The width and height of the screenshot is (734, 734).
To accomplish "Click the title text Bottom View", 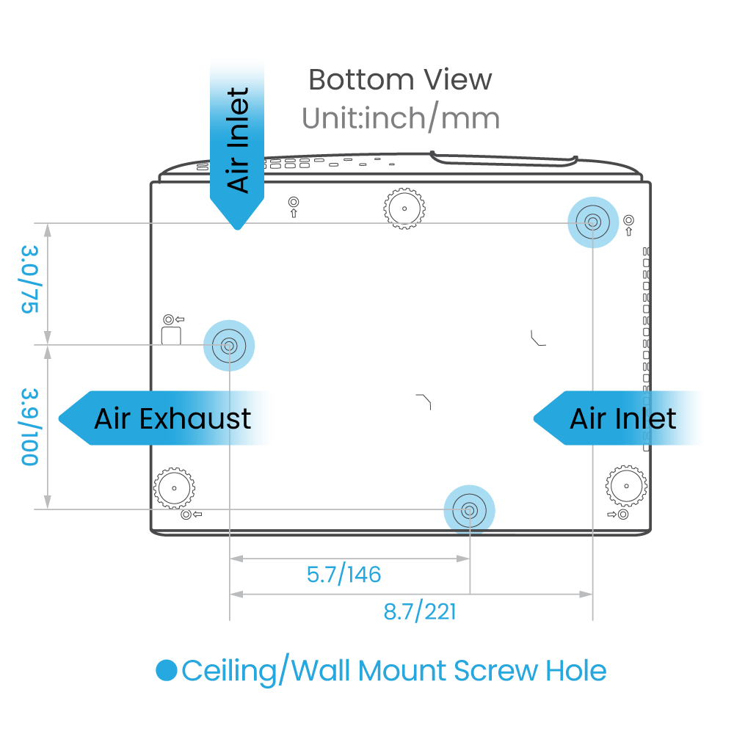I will point(400,79).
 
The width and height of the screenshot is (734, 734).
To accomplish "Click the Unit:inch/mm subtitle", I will point(400,118).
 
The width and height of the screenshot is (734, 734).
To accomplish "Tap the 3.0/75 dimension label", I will point(29,280).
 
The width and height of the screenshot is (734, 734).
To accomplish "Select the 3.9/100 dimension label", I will point(29,426).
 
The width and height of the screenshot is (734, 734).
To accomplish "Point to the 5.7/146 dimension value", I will point(344,574).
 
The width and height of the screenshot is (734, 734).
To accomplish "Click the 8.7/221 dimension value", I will point(419,611).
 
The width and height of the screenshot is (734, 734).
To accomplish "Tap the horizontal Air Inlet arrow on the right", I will point(620,418).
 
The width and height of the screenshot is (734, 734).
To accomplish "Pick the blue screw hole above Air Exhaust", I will point(228,344).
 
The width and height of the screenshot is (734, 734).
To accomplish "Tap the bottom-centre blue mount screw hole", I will point(469,509).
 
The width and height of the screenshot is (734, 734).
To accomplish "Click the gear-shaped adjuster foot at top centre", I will point(404,208).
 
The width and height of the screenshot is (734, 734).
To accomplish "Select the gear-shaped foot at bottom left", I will point(175,485).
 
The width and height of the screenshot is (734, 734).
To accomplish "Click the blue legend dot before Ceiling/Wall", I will point(167,670).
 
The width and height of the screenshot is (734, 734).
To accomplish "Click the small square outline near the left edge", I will point(171,335).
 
